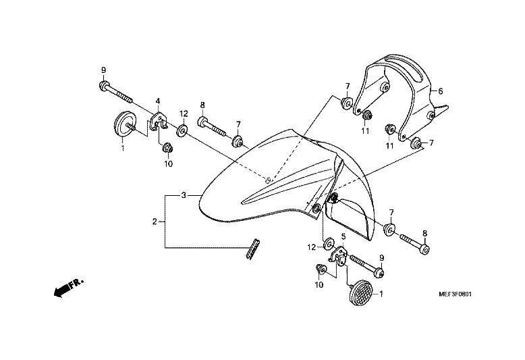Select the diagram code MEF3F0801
455,294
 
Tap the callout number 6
441,91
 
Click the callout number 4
158,101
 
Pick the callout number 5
343,236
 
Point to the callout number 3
184,195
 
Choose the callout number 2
155,222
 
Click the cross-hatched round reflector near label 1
360,292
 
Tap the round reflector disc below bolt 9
125,124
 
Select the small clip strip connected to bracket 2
253,249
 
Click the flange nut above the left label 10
167,147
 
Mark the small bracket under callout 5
339,257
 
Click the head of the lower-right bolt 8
425,250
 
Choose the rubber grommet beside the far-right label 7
416,143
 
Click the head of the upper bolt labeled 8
202,122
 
